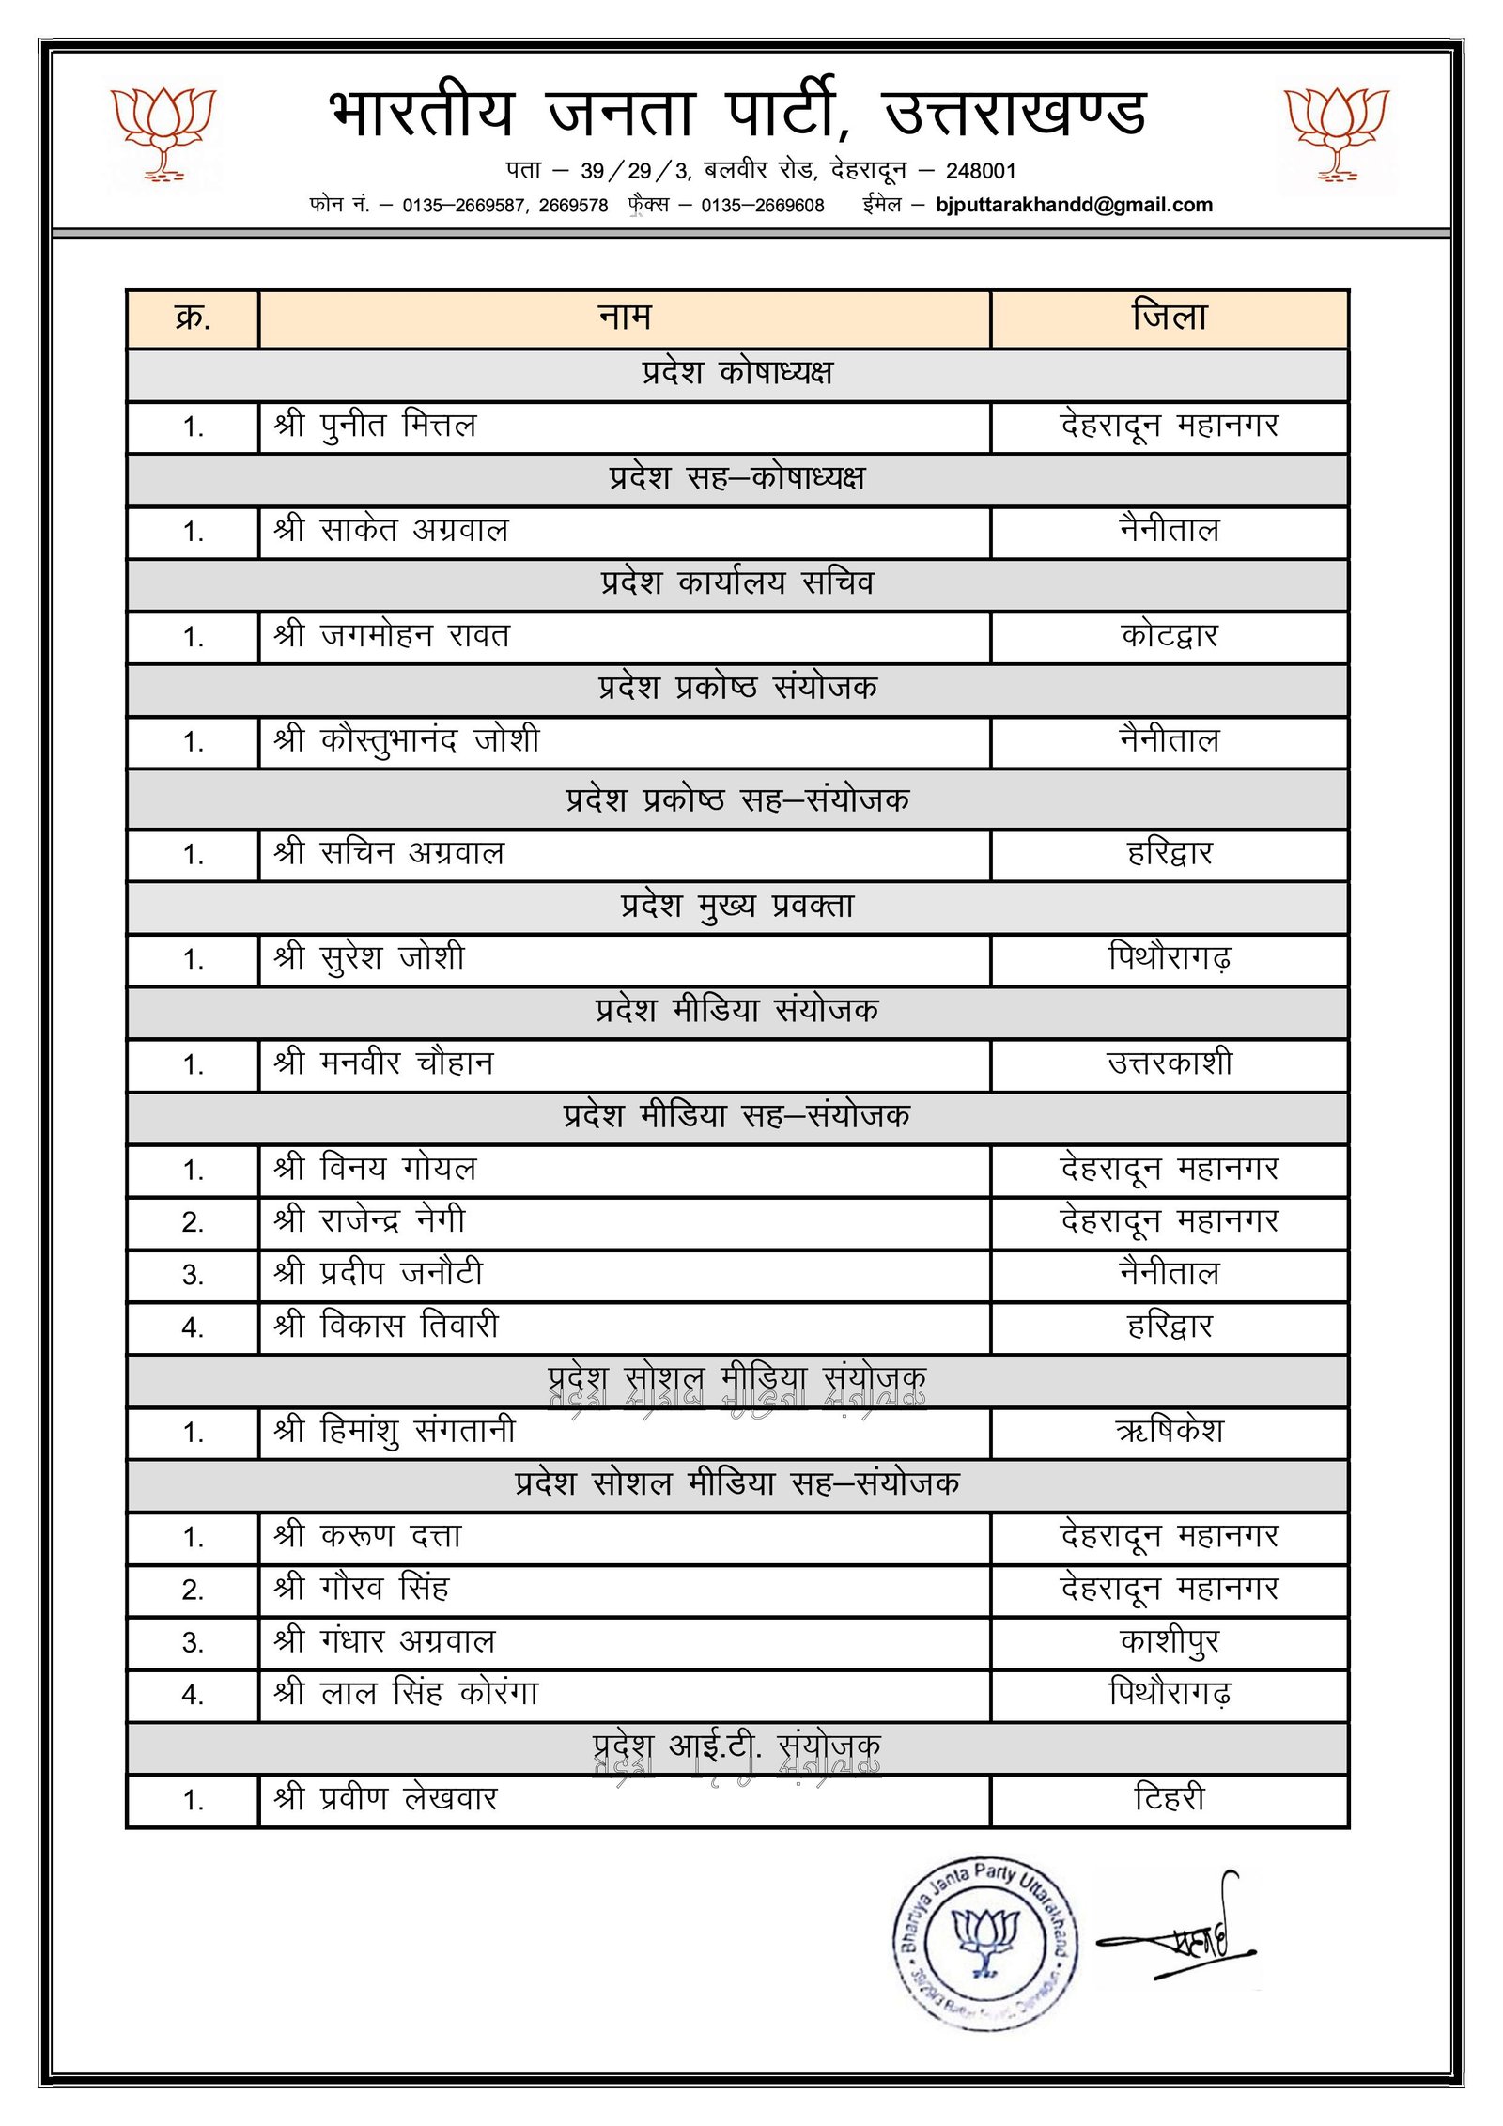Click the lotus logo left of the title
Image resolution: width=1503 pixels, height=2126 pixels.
163,132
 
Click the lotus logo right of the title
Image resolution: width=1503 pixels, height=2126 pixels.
1336,132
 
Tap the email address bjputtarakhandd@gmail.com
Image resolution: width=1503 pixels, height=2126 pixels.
1074,205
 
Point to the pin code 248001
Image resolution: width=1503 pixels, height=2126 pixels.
981,171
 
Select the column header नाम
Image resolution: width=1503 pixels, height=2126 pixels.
625,318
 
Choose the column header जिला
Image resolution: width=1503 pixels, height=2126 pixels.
1170,318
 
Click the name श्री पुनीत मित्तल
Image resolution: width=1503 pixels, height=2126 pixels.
376,427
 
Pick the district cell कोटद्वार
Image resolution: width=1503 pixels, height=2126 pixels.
1170,636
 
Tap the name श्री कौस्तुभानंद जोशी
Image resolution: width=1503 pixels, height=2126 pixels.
407,741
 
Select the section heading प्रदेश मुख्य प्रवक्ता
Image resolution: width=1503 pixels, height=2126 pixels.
737,907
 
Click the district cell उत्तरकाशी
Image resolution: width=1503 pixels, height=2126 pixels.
1170,1063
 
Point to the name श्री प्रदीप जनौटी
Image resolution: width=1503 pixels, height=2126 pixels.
379,1274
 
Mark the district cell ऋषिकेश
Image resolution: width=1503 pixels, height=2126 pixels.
1170,1432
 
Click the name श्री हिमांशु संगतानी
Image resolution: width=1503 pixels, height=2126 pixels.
395,1432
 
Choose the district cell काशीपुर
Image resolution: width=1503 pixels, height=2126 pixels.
1170,1641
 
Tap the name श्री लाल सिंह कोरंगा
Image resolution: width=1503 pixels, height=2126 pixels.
406,1694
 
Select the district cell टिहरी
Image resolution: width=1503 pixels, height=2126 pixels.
1170,1799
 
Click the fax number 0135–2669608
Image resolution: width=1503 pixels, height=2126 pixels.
762,206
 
